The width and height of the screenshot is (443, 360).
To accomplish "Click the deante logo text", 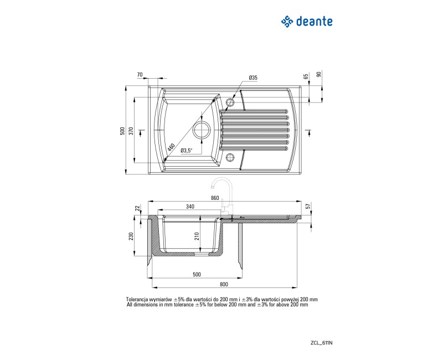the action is (x=315, y=22).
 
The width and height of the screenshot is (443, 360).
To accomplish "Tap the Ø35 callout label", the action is (x=253, y=78).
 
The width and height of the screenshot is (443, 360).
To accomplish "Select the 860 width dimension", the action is (x=215, y=198).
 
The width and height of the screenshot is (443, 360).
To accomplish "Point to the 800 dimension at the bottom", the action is (x=224, y=285).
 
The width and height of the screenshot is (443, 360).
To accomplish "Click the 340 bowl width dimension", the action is (x=190, y=207).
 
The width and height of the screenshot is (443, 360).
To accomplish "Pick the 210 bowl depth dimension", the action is (x=197, y=236).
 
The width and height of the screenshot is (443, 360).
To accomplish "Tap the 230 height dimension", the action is (x=131, y=236).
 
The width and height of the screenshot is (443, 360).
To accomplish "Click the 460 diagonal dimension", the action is (x=171, y=147).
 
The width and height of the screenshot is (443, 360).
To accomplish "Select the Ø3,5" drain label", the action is (x=187, y=151).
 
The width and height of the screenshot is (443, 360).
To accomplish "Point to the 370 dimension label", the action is (x=131, y=131).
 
